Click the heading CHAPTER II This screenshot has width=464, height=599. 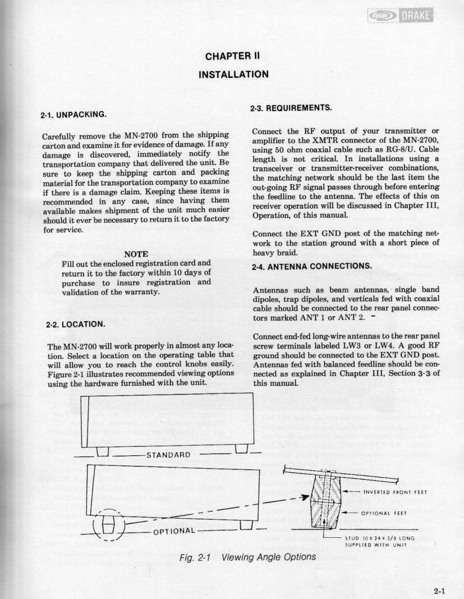[x=232, y=56]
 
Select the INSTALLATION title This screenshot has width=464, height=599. [x=232, y=74]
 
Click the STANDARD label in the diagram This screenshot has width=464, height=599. [x=168, y=454]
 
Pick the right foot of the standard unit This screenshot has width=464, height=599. [x=242, y=450]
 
